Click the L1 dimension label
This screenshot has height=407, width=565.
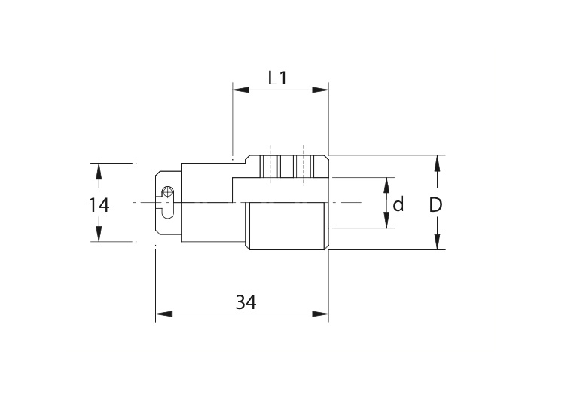[x=277, y=78]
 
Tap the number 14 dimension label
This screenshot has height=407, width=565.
[x=99, y=205]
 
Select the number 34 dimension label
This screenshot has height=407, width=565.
[x=246, y=302]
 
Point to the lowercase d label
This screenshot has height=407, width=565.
[x=399, y=204]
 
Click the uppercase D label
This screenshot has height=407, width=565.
[x=435, y=205]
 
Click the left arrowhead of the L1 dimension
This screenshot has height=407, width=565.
[x=241, y=90]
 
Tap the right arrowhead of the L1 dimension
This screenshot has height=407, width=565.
[x=320, y=90]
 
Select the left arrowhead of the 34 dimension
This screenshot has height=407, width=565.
[x=163, y=314]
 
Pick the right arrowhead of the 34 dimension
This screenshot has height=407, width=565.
[x=320, y=314]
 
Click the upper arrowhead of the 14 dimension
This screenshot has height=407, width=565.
[x=99, y=171]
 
